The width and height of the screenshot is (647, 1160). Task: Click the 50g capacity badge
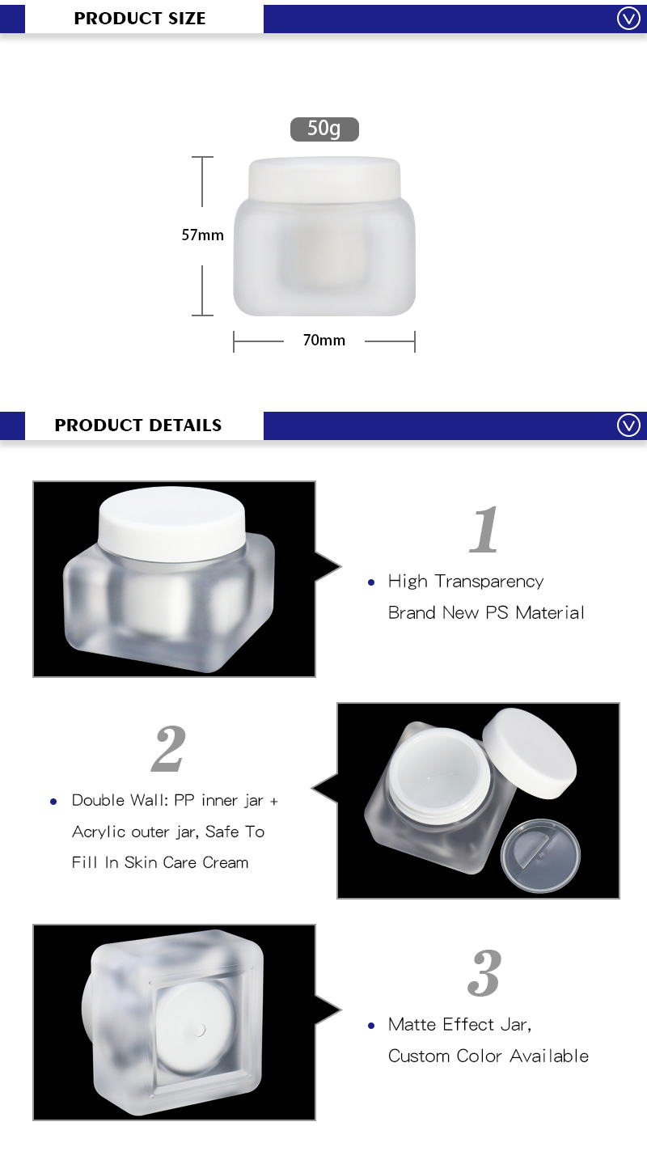(x=324, y=129)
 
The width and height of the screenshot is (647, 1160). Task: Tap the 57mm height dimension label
(x=202, y=235)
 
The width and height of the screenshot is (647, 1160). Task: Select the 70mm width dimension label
(x=324, y=341)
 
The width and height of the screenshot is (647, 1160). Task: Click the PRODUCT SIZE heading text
(x=140, y=18)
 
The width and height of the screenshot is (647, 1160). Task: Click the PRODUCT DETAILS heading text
(x=138, y=425)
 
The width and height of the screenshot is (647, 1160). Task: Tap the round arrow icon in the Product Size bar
(x=628, y=18)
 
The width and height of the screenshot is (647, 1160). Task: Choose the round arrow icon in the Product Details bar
(x=628, y=425)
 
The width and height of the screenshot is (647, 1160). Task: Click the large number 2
(x=169, y=748)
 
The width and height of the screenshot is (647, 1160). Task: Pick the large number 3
(x=484, y=972)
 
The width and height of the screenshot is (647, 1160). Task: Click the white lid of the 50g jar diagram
(x=324, y=177)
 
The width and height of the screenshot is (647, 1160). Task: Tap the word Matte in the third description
(x=412, y=1025)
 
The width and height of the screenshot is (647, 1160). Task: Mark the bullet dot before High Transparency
(x=371, y=582)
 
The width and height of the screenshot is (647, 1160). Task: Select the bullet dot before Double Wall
(x=54, y=802)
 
